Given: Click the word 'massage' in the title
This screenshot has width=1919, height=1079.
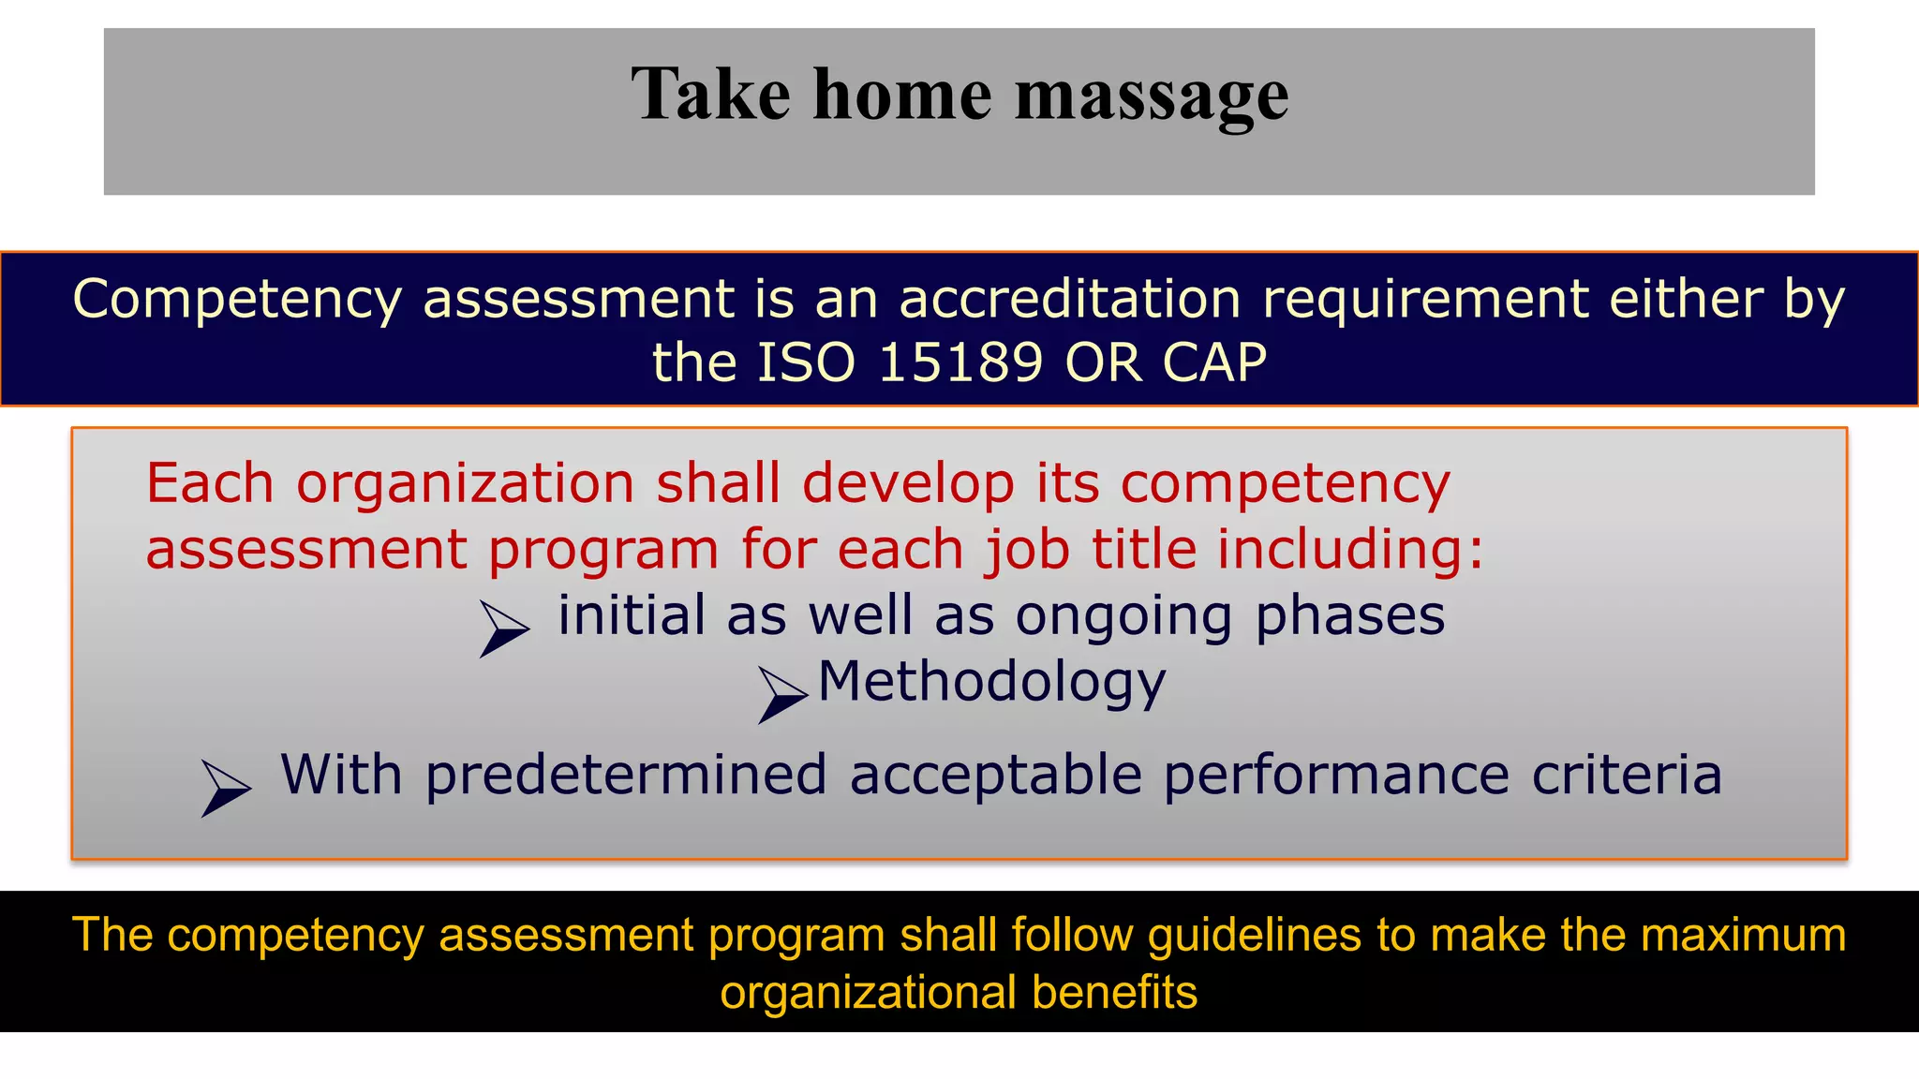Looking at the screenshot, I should pyautogui.click(x=1152, y=96).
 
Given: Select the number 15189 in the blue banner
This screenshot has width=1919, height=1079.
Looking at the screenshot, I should pyautogui.click(x=960, y=362).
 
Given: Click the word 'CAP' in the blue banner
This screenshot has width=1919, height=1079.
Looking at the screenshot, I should pyautogui.click(x=1214, y=362).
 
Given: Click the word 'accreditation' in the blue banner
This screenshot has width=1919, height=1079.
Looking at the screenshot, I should pyautogui.click(x=1070, y=300).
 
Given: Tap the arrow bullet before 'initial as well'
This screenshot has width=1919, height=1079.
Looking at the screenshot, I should pyautogui.click(x=504, y=628).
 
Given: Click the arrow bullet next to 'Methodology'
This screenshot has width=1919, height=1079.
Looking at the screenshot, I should pyautogui.click(x=782, y=694).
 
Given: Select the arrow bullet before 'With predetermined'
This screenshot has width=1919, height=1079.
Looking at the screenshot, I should pyautogui.click(x=226, y=788).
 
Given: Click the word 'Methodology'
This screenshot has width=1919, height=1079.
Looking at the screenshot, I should pyautogui.click(x=992, y=682).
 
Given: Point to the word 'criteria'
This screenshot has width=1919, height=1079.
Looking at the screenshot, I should pyautogui.click(x=1627, y=776).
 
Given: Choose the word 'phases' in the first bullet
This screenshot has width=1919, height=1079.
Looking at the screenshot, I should pyautogui.click(x=1350, y=616).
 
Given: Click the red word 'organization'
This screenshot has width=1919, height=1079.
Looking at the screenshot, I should pyautogui.click(x=465, y=484).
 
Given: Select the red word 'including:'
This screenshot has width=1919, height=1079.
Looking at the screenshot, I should pyautogui.click(x=1350, y=550).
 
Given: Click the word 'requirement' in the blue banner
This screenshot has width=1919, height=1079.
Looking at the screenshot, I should pyautogui.click(x=1425, y=300).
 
